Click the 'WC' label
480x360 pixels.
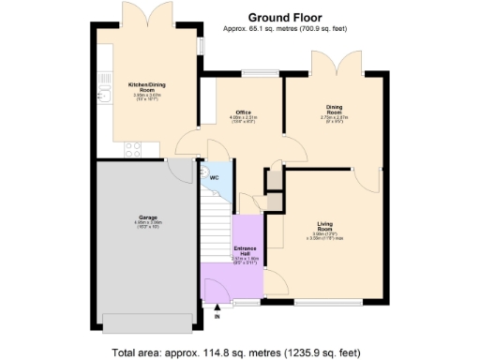click(216, 177)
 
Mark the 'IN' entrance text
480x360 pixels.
click(218, 317)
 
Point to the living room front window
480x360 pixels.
click(327, 303)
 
